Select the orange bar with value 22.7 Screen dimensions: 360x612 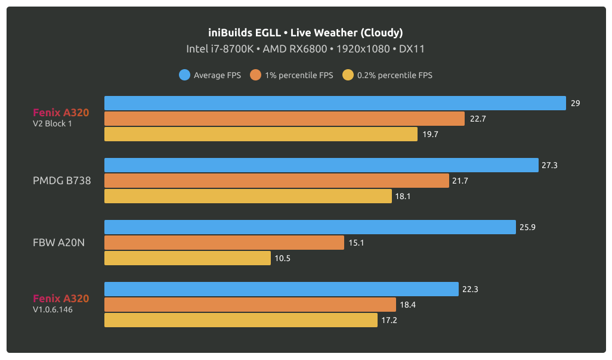click(x=284, y=119)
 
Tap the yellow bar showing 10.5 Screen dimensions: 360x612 click(x=187, y=258)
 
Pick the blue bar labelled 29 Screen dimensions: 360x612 click(x=335, y=103)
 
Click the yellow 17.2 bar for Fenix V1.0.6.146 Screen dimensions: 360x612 click(x=240, y=320)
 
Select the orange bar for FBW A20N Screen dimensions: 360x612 click(x=224, y=243)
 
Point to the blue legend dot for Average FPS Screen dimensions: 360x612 click(x=184, y=75)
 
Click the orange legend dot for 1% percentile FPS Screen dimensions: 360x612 click(x=256, y=75)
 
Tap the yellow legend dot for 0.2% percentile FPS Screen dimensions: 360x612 click(x=348, y=75)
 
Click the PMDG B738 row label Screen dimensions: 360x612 click(x=62, y=181)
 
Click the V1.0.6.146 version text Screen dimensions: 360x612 click(x=53, y=310)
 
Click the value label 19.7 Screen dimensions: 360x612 click(x=430, y=134)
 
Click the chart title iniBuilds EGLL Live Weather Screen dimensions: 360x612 click(x=305, y=32)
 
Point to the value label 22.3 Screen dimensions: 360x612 click(x=470, y=289)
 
